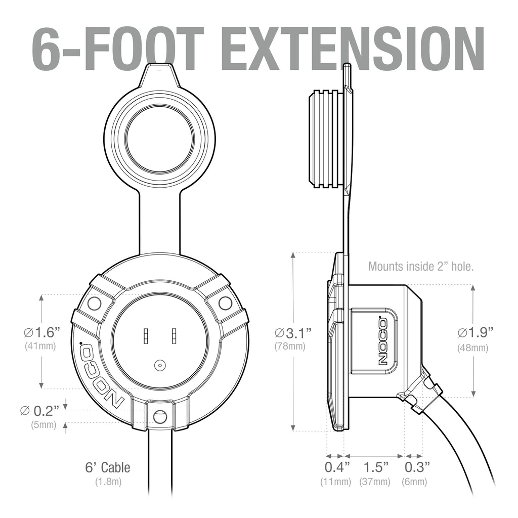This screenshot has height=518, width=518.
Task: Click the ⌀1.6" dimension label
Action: click(42, 332)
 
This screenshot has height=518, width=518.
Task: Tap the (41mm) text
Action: click(40, 346)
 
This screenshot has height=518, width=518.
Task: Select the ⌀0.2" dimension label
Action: click(39, 411)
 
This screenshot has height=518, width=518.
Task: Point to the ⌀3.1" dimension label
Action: click(293, 333)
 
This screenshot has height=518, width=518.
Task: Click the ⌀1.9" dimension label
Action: click(476, 333)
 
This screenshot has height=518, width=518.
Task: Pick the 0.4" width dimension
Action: click(336, 467)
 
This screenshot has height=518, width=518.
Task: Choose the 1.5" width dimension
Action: click(376, 467)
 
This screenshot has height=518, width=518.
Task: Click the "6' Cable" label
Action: click(108, 467)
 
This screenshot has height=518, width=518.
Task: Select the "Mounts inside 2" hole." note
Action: click(421, 266)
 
